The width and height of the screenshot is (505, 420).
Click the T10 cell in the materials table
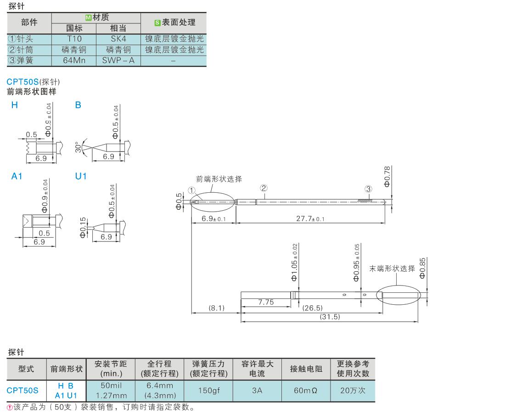[x=74, y=39]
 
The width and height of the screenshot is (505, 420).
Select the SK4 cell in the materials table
[x=118, y=39]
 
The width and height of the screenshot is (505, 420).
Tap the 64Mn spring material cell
[x=74, y=61]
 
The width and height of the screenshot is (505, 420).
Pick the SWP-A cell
[x=118, y=61]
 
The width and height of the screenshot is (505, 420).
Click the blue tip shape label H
[x=15, y=105]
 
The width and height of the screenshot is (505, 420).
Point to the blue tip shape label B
[x=78, y=105]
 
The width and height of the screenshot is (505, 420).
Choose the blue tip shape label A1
[x=17, y=176]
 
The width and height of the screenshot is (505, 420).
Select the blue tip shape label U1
[x=81, y=176]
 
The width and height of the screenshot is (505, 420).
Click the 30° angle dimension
[x=78, y=147]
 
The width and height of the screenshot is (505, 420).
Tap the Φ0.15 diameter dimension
[x=83, y=227]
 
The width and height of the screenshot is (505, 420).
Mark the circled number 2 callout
[x=263, y=188]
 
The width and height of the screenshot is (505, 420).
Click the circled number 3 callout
[x=368, y=189]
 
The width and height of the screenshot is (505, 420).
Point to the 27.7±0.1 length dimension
[x=310, y=219]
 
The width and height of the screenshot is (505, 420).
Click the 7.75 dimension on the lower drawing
[x=266, y=302]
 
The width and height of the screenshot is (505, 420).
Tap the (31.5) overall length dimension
[x=330, y=317]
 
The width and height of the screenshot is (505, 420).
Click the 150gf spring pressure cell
[x=208, y=391]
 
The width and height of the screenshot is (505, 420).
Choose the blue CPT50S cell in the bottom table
[x=22, y=391]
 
